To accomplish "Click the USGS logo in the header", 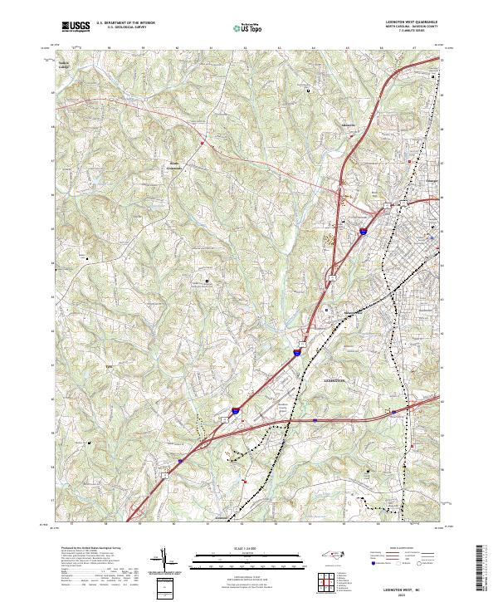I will pyautogui.click(x=76, y=27).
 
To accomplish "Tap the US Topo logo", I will pyautogui.click(x=250, y=27).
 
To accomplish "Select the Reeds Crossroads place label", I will pyautogui.click(x=175, y=164).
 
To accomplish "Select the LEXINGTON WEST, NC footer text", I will pyautogui.click(x=407, y=588).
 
